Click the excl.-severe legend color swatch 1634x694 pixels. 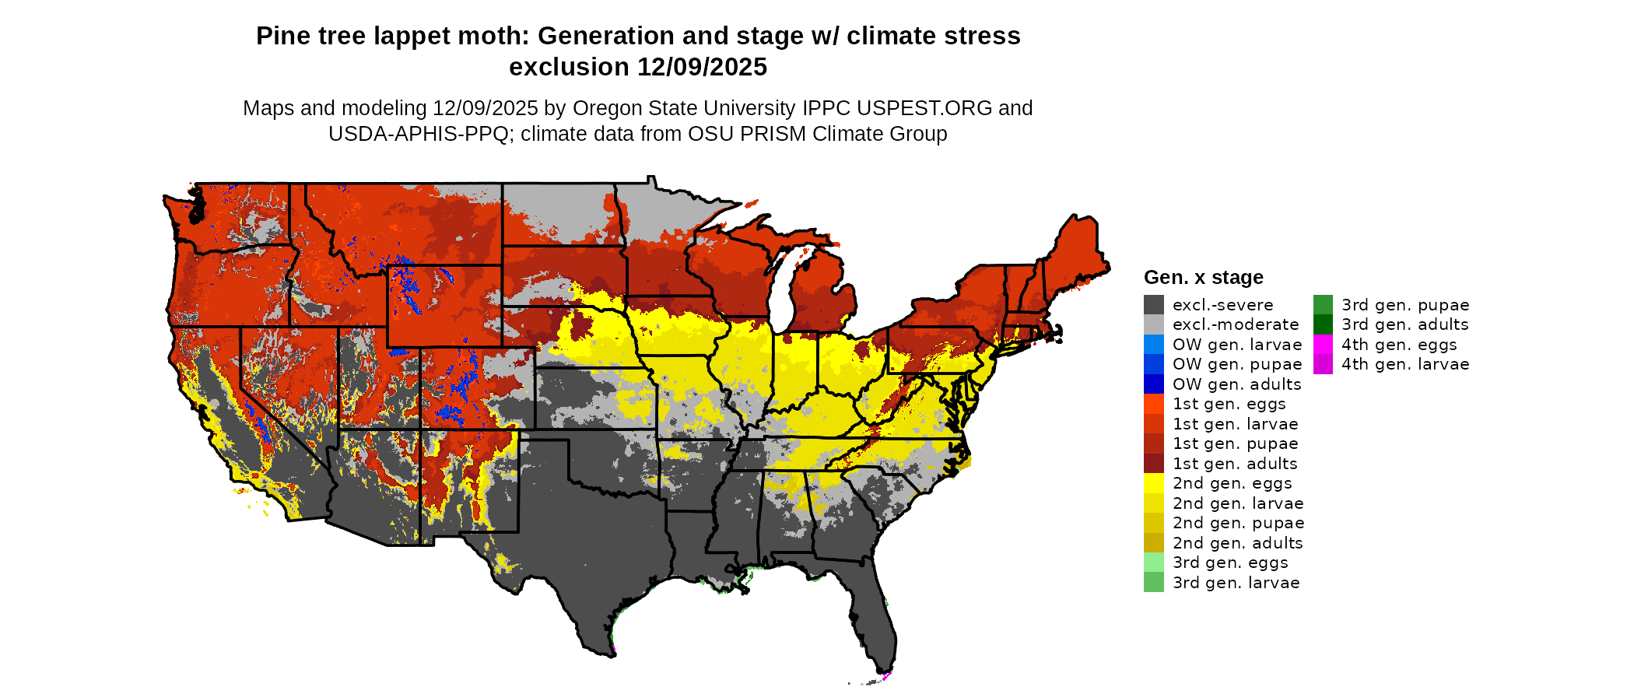click(x=1153, y=305)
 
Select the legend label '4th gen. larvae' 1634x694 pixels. click(x=1405, y=364)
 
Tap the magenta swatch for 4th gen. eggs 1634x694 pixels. click(x=1323, y=345)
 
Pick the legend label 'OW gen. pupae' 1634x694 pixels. click(x=1237, y=364)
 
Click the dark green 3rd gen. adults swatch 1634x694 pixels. click(x=1323, y=324)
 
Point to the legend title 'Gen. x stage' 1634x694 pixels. click(x=1203, y=277)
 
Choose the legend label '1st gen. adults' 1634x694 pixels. click(x=1235, y=464)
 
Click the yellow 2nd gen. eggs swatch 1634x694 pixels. click(x=1153, y=483)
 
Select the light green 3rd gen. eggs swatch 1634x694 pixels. click(x=1153, y=563)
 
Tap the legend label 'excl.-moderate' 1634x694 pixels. click(x=1236, y=324)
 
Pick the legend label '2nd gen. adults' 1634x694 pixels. click(x=1237, y=543)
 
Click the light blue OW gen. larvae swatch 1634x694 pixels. click(x=1153, y=345)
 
